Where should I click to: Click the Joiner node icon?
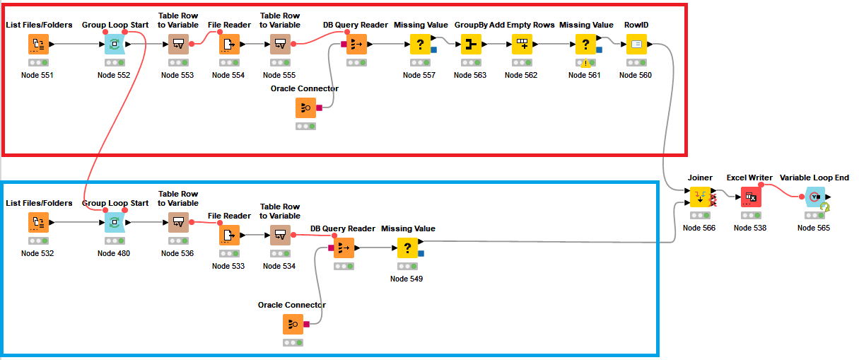tap(700, 197)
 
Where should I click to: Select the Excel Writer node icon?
tap(751, 197)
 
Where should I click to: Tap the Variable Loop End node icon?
tap(815, 197)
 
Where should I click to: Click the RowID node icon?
tap(636, 44)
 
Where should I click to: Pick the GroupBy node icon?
tap(471, 44)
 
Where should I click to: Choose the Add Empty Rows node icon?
tap(522, 44)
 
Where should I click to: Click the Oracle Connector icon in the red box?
tap(305, 108)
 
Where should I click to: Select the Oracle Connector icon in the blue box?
tap(293, 325)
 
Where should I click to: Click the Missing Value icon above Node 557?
tap(420, 44)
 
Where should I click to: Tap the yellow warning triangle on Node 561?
tap(585, 64)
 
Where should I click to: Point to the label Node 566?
tap(699, 228)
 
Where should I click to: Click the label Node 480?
tap(114, 253)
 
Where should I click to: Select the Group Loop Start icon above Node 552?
tap(115, 44)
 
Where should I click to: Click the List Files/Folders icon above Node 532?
tap(38, 223)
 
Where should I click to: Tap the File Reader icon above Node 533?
tap(229, 236)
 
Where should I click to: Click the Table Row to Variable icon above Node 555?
tap(281, 44)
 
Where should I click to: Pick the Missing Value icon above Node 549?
tap(407, 248)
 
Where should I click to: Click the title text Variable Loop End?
tap(814, 178)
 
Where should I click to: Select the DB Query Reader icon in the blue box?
tap(344, 248)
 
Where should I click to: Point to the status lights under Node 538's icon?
tap(751, 215)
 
